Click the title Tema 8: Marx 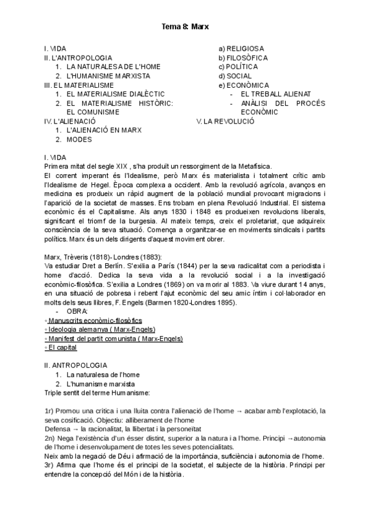click(185, 27)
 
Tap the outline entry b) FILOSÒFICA click(243, 57)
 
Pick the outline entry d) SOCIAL click(236, 76)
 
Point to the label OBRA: click(77, 311)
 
